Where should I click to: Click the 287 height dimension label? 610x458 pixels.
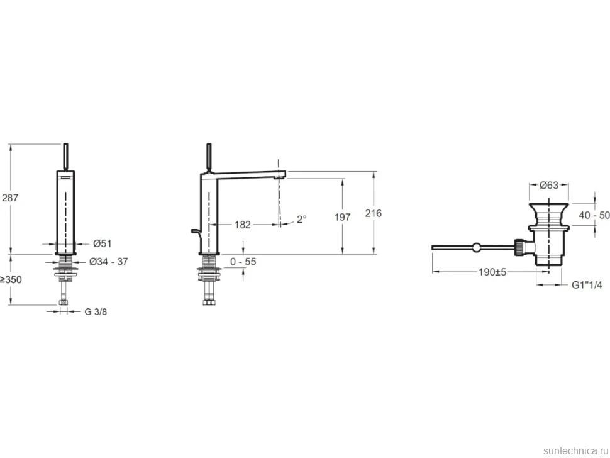pos(10,198)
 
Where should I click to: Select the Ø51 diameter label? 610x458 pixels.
pos(103,243)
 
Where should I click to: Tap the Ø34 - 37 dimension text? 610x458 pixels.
pos(109,262)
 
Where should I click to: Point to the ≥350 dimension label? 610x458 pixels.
pos(11,279)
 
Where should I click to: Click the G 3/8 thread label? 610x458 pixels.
pos(96,311)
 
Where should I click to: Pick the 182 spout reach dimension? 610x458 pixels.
pos(242,225)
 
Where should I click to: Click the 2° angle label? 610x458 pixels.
pos(301,220)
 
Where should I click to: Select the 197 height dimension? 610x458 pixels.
pos(343,217)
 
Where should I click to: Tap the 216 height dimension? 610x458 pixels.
pos(374,213)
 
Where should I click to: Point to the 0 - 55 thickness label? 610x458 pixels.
pos(243,262)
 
